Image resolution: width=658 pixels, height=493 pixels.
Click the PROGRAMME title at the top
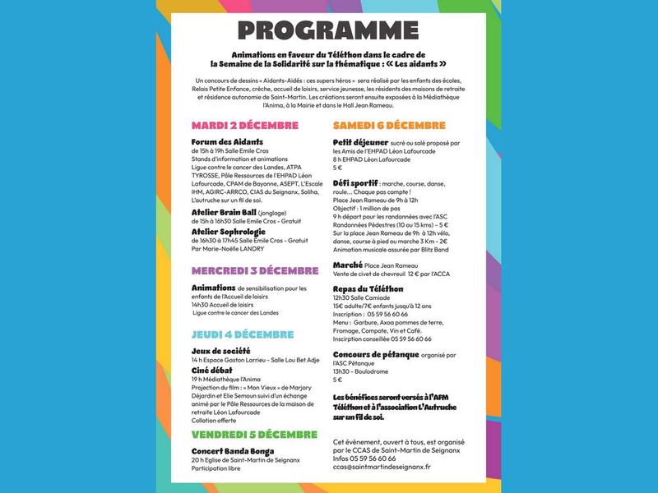(x=329, y=30)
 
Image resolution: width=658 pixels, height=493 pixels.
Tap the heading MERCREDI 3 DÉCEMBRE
(x=254, y=270)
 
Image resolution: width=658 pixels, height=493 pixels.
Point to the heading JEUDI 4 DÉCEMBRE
(x=242, y=334)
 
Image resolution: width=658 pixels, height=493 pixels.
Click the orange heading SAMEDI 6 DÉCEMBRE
(x=389, y=125)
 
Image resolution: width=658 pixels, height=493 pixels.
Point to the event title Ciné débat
(x=212, y=370)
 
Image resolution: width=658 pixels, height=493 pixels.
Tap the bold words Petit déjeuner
(x=360, y=141)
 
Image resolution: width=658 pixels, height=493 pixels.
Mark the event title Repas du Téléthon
(x=368, y=289)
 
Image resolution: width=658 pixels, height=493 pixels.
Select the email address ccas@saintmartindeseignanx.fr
(x=382, y=467)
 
